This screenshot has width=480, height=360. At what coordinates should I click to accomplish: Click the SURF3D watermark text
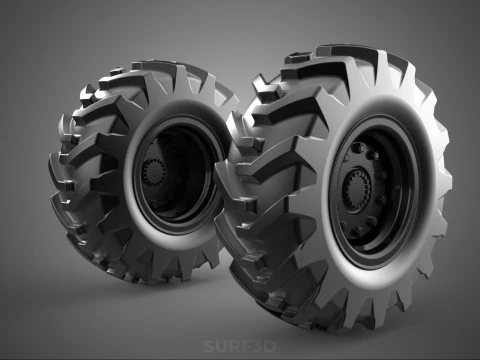tap(239, 347)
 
